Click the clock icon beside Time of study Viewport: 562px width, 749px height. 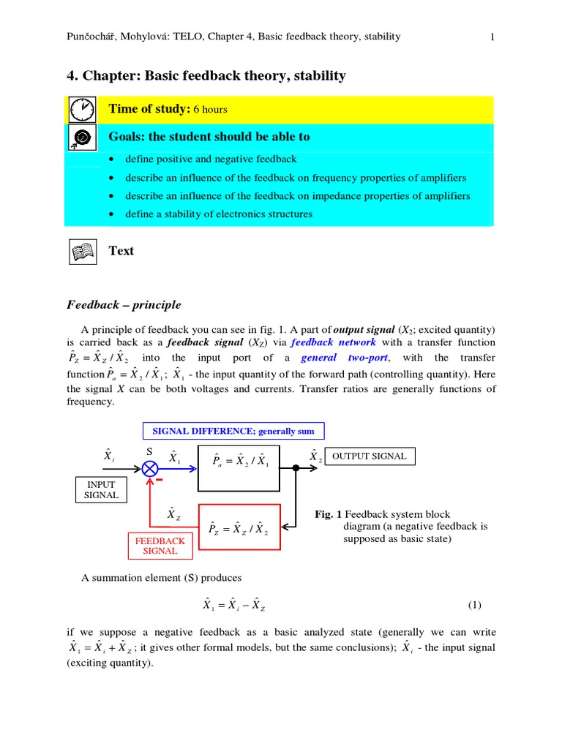pos(83,110)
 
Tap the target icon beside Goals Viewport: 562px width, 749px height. pos(83,137)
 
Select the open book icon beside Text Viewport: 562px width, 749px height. pos(83,252)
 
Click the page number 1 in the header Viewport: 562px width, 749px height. pos(493,37)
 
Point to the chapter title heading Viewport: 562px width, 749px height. pos(206,76)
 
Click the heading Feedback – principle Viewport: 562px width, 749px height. pos(124,305)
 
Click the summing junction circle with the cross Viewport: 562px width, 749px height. pos(150,468)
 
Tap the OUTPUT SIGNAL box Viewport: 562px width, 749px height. pos(370,456)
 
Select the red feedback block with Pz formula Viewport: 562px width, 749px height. pos(239,527)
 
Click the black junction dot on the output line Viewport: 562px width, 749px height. pos(296,468)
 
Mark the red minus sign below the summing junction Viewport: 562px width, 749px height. pos(159,481)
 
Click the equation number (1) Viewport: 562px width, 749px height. pos(475,605)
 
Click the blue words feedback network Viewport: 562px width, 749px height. pos(333,342)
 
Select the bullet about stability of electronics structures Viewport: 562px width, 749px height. pos(219,214)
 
